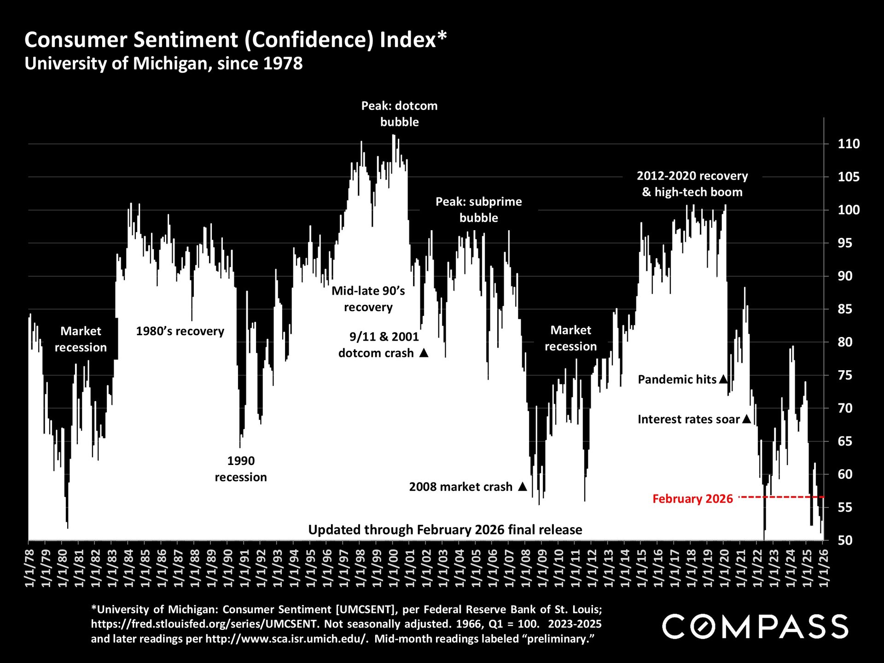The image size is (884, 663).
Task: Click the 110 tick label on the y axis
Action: pyautogui.click(x=848, y=144)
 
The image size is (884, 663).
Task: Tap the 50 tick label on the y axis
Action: pyautogui.click(x=845, y=540)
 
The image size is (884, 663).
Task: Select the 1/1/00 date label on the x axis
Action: pyautogui.click(x=393, y=568)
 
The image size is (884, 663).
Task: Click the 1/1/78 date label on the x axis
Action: pyautogui.click(x=29, y=568)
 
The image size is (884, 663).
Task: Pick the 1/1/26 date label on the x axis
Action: pyautogui.click(x=824, y=568)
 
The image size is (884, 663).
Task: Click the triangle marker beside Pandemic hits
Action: pyautogui.click(x=723, y=379)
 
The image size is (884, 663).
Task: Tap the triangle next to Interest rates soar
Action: pyautogui.click(x=747, y=419)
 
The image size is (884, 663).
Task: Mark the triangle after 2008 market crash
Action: pyautogui.click(x=523, y=486)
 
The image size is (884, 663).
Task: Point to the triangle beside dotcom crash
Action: pyautogui.click(x=424, y=353)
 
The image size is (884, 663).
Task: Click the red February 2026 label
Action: pyautogui.click(x=692, y=499)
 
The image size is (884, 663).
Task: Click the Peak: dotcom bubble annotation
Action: pyautogui.click(x=399, y=114)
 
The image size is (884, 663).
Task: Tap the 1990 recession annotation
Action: pyautogui.click(x=241, y=469)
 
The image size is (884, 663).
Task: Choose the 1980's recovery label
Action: pyautogui.click(x=180, y=331)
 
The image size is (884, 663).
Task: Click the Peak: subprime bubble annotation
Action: pyautogui.click(x=478, y=209)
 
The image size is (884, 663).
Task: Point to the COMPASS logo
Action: pyautogui.click(x=755, y=627)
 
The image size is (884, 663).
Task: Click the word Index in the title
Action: pyautogui.click(x=407, y=40)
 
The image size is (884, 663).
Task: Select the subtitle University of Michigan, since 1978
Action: pyautogui.click(x=163, y=64)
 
